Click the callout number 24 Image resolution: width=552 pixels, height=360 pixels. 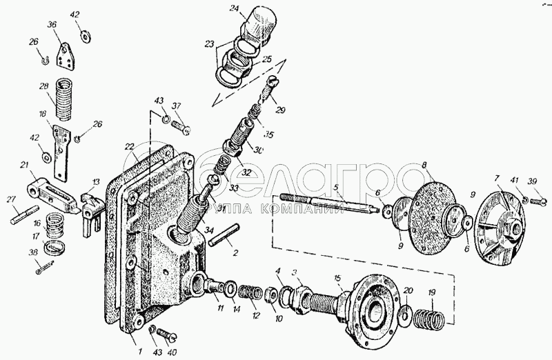pyautogui.click(x=235, y=9)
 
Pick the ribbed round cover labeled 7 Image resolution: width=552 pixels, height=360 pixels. pyautogui.click(x=503, y=227)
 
